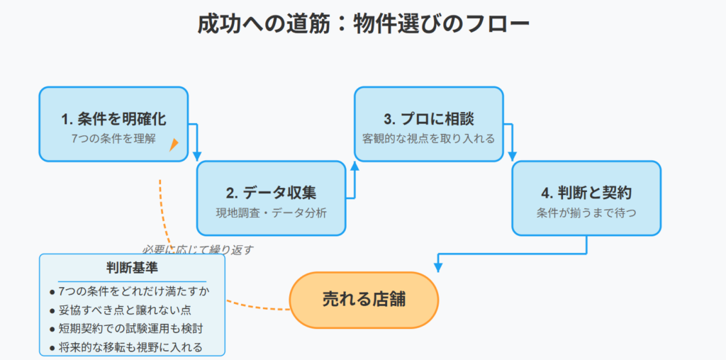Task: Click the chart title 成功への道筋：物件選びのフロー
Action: (364, 25)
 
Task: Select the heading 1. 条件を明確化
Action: (113, 119)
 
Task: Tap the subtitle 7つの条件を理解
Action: (113, 138)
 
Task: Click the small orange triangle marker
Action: (174, 145)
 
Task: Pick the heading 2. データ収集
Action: (272, 193)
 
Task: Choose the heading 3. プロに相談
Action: (429, 119)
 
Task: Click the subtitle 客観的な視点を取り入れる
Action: (429, 138)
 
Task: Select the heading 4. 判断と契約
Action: (586, 193)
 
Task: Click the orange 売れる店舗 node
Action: (364, 300)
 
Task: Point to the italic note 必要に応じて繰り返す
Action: (198, 250)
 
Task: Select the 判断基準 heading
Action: (132, 269)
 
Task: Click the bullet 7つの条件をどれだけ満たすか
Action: (130, 292)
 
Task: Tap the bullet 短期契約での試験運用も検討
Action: (126, 329)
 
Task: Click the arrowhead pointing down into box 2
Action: (197, 156)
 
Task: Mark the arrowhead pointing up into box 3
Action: (354, 166)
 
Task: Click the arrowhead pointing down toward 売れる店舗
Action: (438, 267)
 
